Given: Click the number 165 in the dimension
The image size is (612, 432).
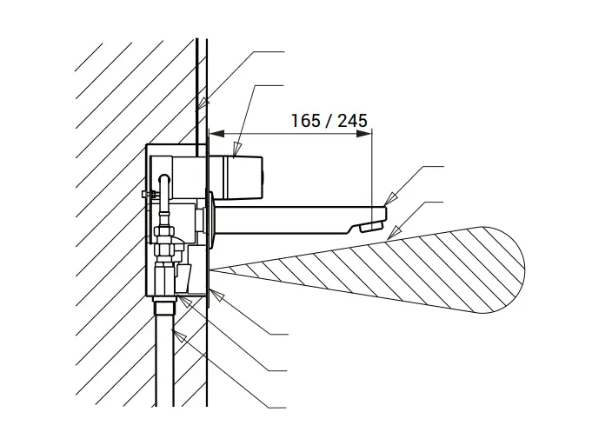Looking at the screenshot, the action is [306, 121].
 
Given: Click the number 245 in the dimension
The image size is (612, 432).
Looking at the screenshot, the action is [352, 121].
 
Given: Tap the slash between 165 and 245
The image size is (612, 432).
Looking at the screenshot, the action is [329, 121].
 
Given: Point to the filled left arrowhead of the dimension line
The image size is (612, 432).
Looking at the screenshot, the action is [217, 134].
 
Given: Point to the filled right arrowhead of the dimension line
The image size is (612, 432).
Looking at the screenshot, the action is [364, 134].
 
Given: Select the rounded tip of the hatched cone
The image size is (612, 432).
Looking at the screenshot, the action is [524, 269].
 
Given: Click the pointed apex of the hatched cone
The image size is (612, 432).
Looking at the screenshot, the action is [211, 269].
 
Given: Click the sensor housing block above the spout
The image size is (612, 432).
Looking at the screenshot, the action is [236, 176].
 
